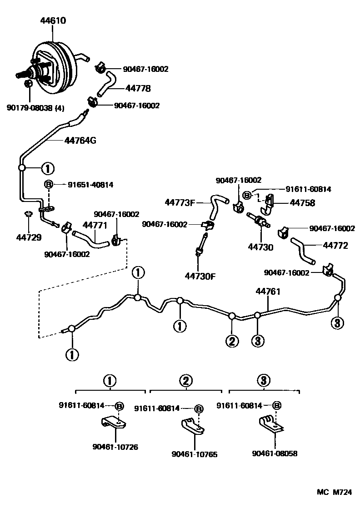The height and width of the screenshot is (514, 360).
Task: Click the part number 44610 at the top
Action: pos(53,20)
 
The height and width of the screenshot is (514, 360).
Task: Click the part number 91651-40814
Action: pos(90,185)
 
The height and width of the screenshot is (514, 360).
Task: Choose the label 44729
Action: pos(28,237)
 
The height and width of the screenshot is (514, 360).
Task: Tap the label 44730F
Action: pos(200,276)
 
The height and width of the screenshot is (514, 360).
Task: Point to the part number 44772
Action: pos(335,246)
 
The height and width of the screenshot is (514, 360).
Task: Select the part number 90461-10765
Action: pos(195,454)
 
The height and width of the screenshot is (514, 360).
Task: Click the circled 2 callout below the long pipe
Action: pos(232,341)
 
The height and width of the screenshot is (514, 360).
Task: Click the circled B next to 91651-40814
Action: pos(49,185)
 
